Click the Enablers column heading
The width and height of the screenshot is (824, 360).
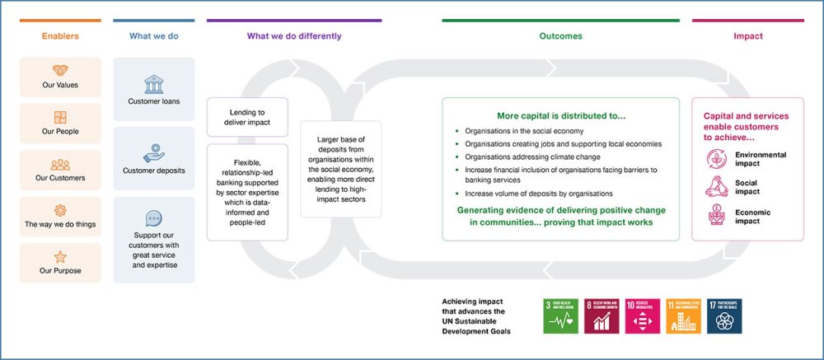[60, 36]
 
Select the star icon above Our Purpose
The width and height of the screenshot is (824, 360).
[60, 257]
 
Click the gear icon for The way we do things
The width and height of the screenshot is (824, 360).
[60, 210]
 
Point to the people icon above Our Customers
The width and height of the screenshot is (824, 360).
[60, 164]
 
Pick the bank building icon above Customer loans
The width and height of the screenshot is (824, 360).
[153, 85]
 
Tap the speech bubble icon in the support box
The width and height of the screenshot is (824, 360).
[153, 218]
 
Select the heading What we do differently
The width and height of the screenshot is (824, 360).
[294, 36]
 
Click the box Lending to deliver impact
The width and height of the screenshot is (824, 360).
[247, 117]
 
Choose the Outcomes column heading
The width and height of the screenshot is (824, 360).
[560, 36]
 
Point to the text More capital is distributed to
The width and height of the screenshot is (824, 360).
[560, 116]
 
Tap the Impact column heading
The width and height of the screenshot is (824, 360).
[747, 36]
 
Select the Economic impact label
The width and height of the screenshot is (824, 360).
[753, 217]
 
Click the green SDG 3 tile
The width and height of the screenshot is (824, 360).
[560, 316]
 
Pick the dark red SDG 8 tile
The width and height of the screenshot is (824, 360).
[601, 316]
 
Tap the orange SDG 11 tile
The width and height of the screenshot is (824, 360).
[682, 316]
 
